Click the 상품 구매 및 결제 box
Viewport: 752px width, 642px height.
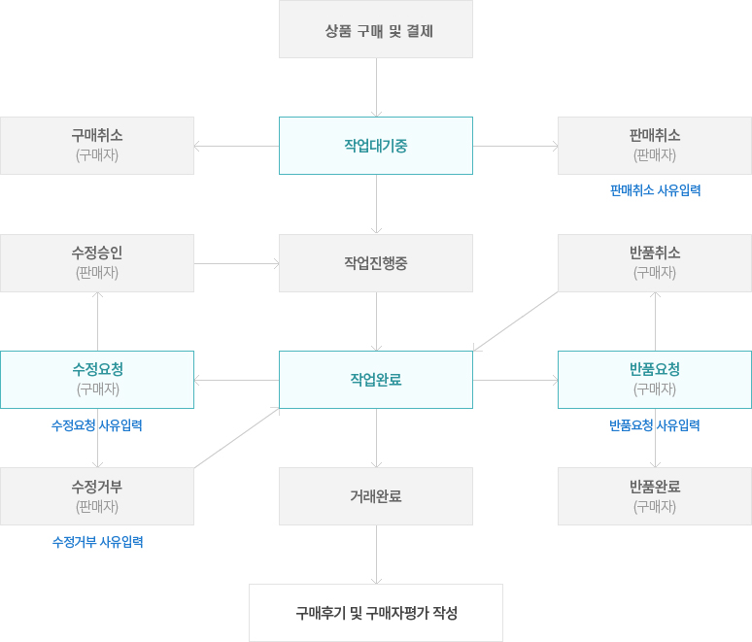[x=376, y=29]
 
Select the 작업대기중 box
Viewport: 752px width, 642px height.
[x=376, y=146]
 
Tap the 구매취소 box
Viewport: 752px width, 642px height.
[x=97, y=146]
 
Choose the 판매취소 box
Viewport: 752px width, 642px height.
[x=655, y=146]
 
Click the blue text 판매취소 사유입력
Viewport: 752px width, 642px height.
[x=655, y=190]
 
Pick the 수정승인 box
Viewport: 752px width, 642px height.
[x=97, y=263]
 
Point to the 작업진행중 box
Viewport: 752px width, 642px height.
[x=376, y=263]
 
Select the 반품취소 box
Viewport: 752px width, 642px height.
[x=655, y=263]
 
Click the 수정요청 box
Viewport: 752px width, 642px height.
[x=97, y=380]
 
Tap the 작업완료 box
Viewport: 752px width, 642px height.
[x=376, y=380]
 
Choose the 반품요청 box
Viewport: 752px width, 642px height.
[x=655, y=380]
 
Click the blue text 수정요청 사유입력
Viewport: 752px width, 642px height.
[x=97, y=425]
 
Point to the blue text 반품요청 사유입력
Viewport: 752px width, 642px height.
[x=655, y=425]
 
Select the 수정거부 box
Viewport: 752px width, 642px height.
[x=97, y=496]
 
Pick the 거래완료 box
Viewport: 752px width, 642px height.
[x=376, y=496]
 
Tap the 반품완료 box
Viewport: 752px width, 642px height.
[x=655, y=496]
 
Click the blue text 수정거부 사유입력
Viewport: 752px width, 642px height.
[x=97, y=542]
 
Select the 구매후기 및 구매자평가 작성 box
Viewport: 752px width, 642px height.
[x=376, y=613]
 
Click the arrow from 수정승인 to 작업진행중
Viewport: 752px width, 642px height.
[x=237, y=263]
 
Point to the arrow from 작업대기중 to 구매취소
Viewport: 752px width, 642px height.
[x=237, y=147]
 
